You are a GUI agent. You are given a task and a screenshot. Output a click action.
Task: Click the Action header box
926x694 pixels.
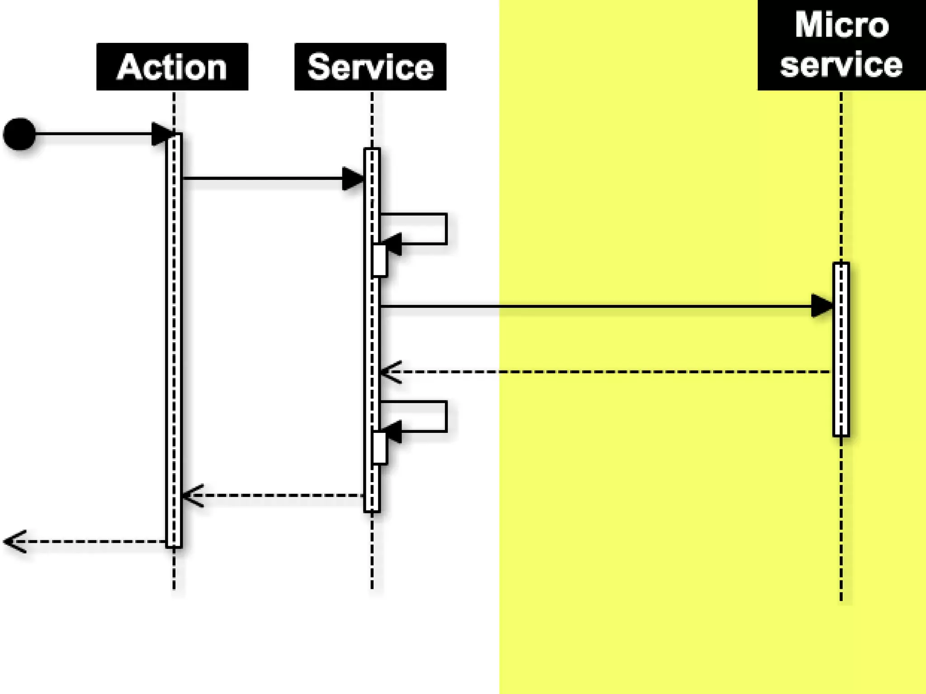tap(172, 67)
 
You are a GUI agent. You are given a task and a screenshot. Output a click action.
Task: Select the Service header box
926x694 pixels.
tap(370, 67)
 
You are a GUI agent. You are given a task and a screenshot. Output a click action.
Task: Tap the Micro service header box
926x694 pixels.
tap(841, 45)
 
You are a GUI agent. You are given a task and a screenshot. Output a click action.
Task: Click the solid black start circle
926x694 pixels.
tap(19, 134)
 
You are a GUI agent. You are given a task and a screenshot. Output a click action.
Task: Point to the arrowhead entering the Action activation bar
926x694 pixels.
tap(161, 134)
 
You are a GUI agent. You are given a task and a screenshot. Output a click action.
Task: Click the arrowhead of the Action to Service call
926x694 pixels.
tap(353, 179)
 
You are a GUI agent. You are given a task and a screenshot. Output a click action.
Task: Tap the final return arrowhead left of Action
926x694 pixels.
tap(14, 541)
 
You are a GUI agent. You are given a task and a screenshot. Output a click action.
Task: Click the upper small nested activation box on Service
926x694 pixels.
tap(379, 261)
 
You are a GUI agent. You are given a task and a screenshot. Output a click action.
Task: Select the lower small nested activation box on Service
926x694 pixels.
tap(379, 448)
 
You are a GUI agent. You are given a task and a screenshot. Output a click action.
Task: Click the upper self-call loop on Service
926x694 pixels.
tap(446, 229)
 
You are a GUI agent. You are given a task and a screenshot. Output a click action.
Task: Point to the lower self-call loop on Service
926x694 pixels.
tap(446, 416)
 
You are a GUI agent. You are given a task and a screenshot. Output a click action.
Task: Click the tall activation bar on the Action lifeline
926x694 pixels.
tap(174, 339)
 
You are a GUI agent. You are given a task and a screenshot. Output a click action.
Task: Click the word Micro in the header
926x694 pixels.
tap(842, 25)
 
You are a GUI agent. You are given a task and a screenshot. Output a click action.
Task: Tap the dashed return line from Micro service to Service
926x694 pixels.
tap(610, 372)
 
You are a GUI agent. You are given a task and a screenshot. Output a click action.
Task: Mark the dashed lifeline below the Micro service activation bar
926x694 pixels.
tap(841, 520)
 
